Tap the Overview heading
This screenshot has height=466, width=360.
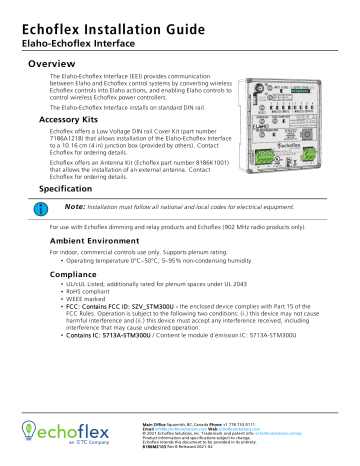(x=60, y=62)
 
